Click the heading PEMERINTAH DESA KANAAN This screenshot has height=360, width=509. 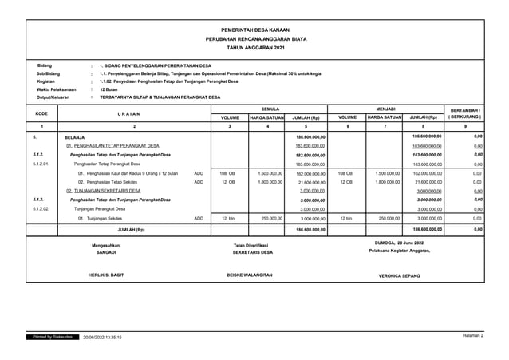(x=255, y=27)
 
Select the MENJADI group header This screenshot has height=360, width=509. (x=385, y=107)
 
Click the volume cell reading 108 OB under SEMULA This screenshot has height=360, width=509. (x=227, y=172)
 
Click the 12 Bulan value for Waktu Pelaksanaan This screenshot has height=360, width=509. (x=109, y=89)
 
